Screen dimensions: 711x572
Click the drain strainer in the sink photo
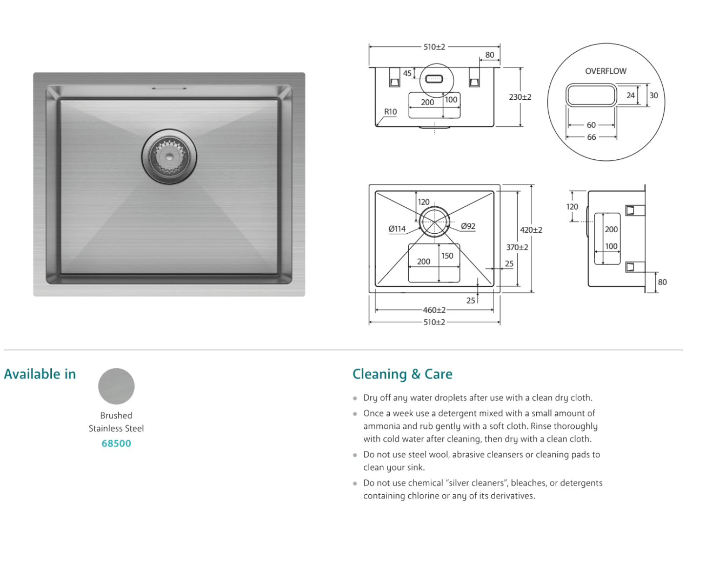(169, 156)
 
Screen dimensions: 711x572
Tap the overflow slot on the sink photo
(169, 88)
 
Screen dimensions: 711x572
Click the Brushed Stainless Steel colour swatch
(116, 386)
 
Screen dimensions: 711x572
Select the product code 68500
(116, 443)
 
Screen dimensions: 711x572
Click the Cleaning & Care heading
(402, 374)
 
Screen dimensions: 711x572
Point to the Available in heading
(40, 374)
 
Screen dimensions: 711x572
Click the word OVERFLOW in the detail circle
(606, 71)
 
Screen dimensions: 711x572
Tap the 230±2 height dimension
(520, 97)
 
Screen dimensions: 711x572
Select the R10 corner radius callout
(390, 112)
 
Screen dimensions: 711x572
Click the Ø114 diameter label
(397, 229)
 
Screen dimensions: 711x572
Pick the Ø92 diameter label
(468, 226)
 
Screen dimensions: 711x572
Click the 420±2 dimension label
(531, 230)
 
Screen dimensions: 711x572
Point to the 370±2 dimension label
(517, 247)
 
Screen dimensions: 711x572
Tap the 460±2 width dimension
(434, 310)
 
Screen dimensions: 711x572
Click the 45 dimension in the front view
(407, 73)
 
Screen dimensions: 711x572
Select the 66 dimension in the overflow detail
(591, 137)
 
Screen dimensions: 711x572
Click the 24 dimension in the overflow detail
(630, 95)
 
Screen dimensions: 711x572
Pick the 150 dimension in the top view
(447, 256)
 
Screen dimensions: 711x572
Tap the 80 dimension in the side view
(662, 282)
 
